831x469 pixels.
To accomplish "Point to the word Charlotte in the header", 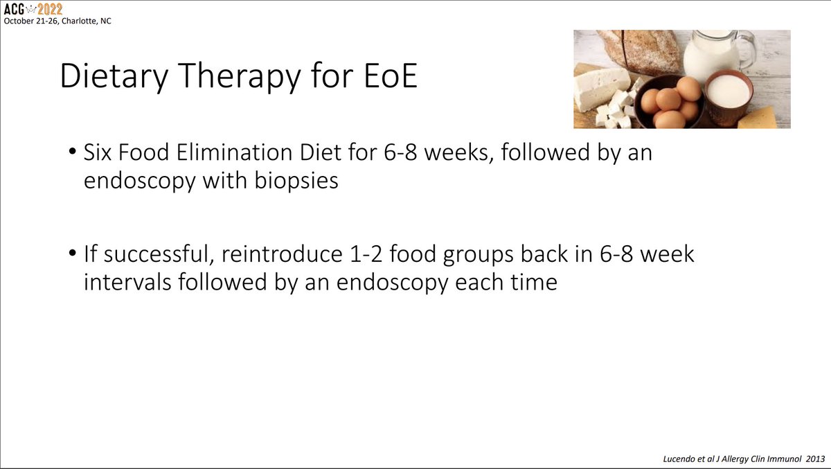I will click(74, 21).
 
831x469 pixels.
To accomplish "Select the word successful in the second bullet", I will click(175, 255).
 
